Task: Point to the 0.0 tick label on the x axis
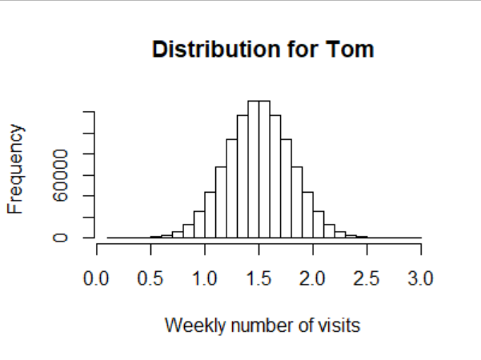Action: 97,278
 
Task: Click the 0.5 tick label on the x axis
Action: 150,278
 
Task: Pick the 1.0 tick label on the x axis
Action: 205,278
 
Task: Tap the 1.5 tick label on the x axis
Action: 259,278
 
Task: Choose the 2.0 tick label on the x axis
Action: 313,278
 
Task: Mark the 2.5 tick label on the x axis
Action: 367,278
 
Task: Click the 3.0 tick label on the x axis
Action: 421,278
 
